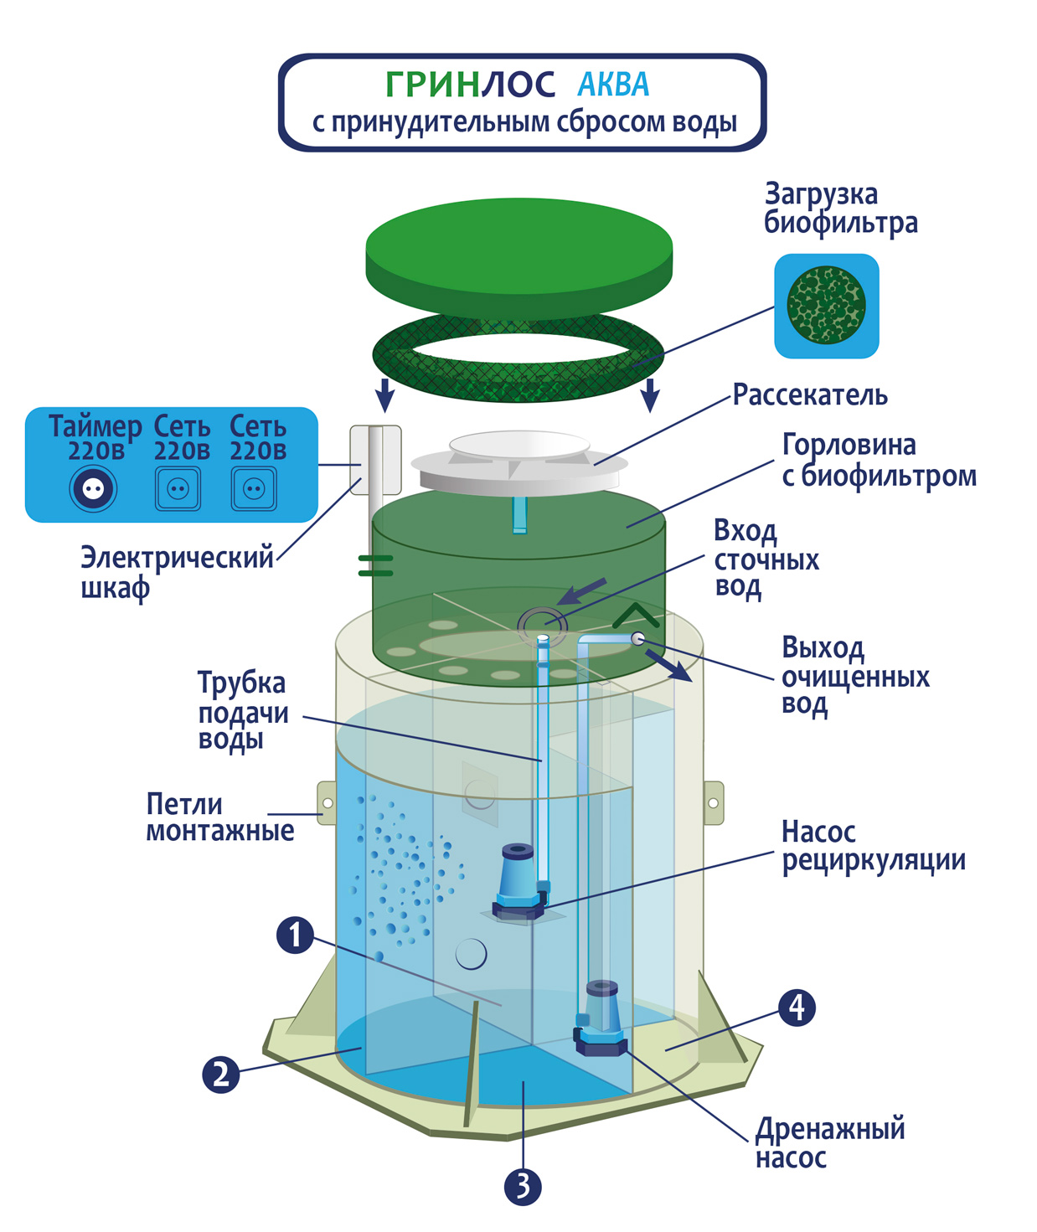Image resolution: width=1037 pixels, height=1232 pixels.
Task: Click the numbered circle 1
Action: [x=295, y=936]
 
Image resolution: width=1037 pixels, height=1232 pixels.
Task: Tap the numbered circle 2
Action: [x=220, y=1074]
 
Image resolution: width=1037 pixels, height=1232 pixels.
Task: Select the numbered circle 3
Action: [x=523, y=1186]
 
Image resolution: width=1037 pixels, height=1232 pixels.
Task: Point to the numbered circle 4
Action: [x=797, y=1007]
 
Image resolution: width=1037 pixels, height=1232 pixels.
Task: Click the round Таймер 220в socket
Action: [x=93, y=488]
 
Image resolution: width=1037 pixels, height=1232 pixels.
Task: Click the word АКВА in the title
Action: [x=613, y=85]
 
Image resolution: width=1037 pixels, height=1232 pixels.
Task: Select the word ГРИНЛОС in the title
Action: [x=470, y=85]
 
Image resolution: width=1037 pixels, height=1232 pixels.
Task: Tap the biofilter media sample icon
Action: [x=826, y=306]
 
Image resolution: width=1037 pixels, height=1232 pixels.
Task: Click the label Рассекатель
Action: [x=809, y=395]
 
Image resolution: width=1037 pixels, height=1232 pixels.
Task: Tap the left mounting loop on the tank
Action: [x=327, y=802]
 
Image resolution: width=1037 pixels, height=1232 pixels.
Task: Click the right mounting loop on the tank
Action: [x=713, y=802]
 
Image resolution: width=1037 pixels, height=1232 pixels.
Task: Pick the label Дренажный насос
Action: [x=829, y=1142]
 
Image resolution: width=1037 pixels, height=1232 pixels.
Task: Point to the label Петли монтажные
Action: [x=219, y=817]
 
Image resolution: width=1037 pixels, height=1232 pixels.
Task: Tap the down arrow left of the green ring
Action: [x=384, y=394]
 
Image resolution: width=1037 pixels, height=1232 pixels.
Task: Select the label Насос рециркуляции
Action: [x=873, y=846]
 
